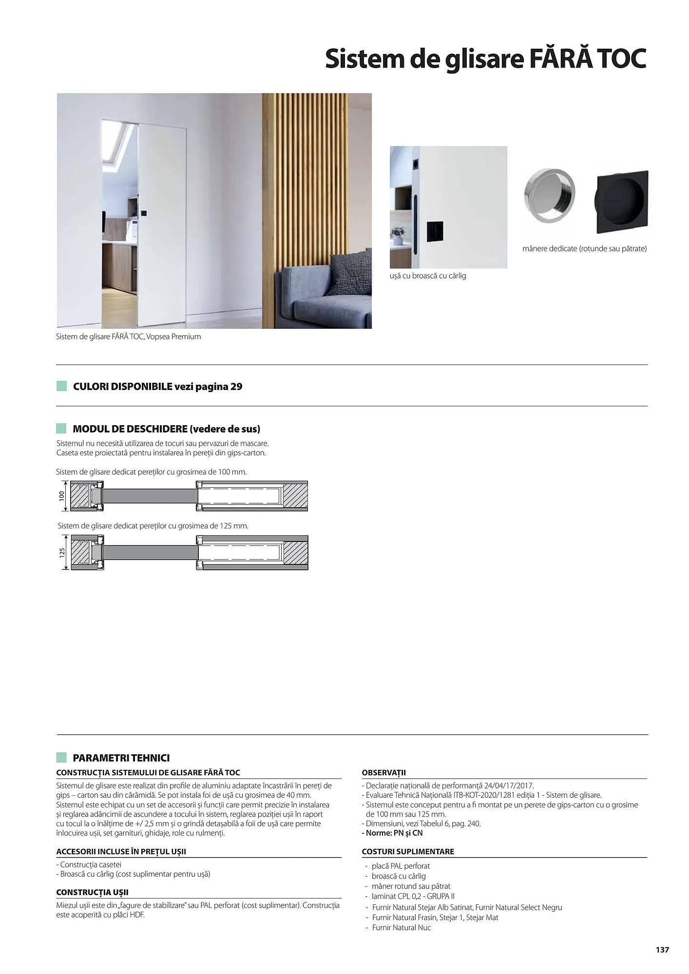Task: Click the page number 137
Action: [x=662, y=950]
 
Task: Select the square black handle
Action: [x=622, y=202]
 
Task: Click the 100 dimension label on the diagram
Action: [x=62, y=496]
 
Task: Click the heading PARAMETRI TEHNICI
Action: [x=121, y=758]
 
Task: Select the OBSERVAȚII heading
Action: [x=384, y=772]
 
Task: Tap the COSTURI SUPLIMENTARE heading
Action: [x=408, y=851]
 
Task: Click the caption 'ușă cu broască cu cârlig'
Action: [x=428, y=276]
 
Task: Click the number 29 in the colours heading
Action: [x=236, y=387]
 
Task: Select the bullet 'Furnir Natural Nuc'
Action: [x=402, y=927]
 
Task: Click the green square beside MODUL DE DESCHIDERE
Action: [x=61, y=429]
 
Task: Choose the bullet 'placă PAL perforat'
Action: [x=401, y=866]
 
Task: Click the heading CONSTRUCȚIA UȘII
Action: [x=93, y=892]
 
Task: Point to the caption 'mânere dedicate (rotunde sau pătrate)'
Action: [x=584, y=248]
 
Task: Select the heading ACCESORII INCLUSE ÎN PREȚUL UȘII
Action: [x=121, y=851]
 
